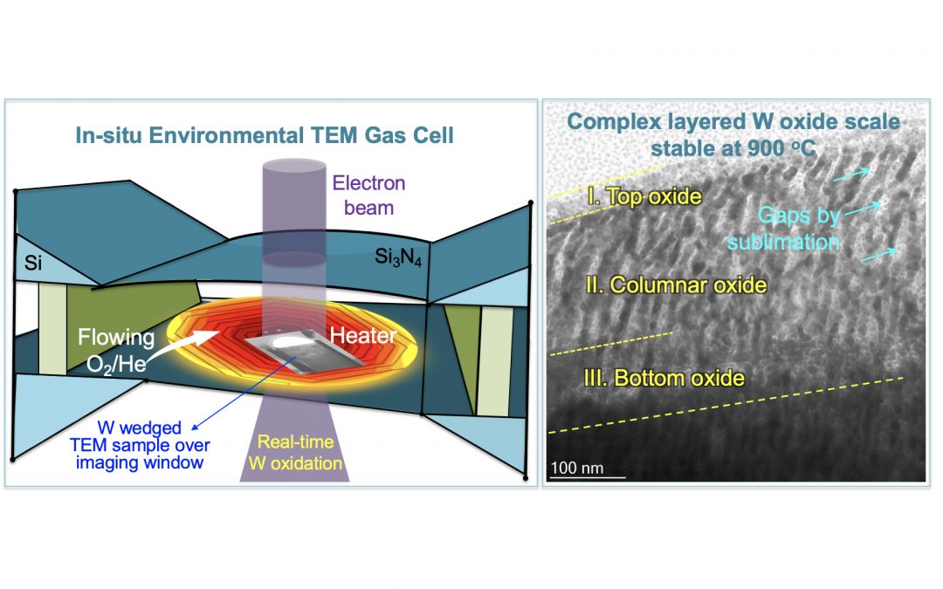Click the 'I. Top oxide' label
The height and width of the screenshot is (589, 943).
(x=644, y=197)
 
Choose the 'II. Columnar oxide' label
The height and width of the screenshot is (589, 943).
(x=677, y=285)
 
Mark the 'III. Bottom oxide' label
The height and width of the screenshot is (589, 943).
(x=666, y=379)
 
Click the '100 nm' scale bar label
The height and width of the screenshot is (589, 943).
(x=577, y=469)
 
